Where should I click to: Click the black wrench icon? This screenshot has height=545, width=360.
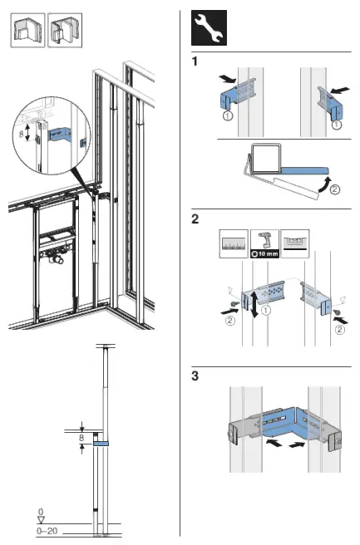207,28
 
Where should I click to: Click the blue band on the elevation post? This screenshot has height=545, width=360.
101,444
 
